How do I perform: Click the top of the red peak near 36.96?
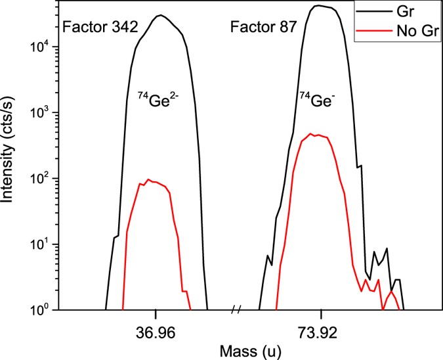pos(148,179)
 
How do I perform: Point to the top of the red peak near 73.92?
pos(313,133)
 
